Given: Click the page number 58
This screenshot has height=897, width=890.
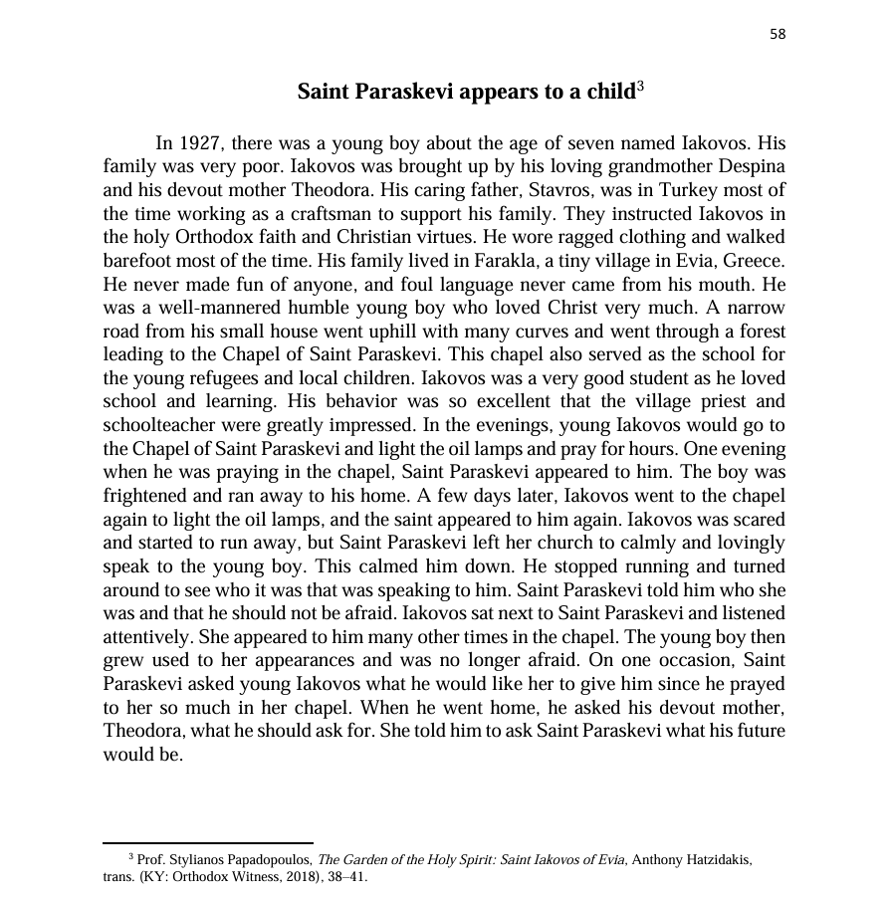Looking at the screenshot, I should click(778, 34).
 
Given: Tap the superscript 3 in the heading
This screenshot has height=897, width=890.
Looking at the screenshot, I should click(640, 87).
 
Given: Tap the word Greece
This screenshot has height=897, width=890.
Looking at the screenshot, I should click(756, 261).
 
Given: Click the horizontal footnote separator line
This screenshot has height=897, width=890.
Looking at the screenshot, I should click(208, 843).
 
